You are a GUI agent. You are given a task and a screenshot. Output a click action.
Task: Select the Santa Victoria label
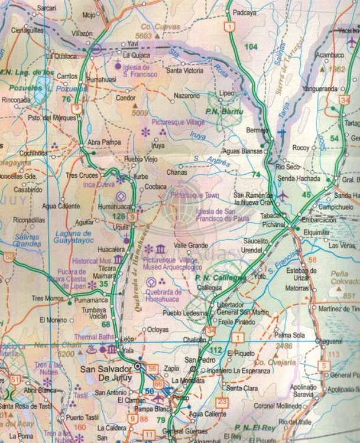[x=186, y=71]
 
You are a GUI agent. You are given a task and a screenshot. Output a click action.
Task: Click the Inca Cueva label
[x=96, y=184]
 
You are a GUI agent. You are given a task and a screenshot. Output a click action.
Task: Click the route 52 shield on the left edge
[x=8, y=257]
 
